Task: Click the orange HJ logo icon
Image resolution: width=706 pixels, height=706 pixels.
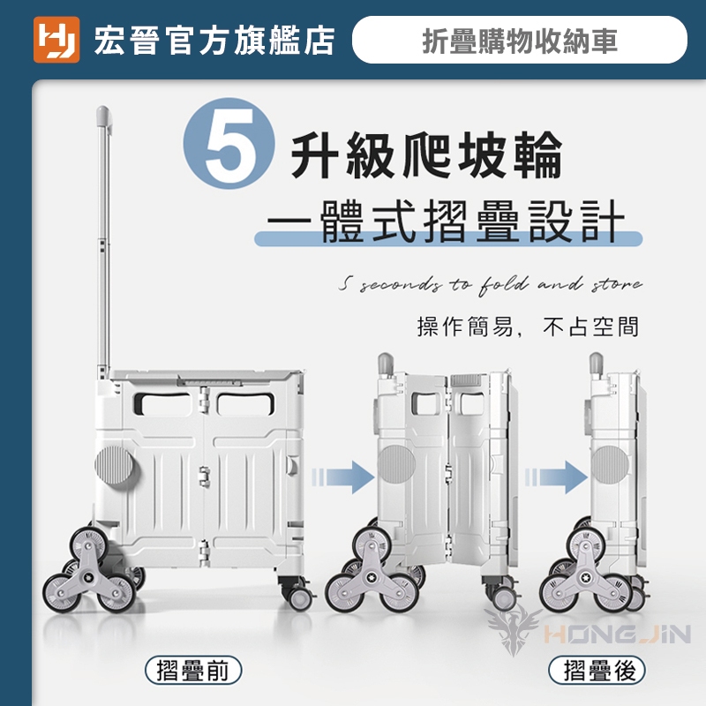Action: pos(56,40)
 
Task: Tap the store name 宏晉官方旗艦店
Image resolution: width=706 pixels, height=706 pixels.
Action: pos(214,41)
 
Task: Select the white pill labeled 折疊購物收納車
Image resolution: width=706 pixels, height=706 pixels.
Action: pos(520,40)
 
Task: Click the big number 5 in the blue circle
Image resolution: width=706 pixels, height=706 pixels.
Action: pos(229,143)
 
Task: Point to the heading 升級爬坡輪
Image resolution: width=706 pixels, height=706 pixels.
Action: pos(426,155)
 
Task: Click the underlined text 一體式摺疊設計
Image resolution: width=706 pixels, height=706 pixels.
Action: pos(446,222)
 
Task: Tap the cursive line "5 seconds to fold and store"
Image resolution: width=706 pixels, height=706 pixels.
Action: pos(491,285)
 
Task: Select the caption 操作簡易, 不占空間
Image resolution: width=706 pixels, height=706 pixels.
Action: pos(528,327)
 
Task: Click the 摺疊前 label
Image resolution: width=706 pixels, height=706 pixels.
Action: pos(193,670)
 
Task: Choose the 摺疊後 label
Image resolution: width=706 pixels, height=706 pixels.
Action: pos(597,670)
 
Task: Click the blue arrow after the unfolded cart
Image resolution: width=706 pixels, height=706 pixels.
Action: pos(343,477)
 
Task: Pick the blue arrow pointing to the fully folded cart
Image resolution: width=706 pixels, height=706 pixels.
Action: pos(556,477)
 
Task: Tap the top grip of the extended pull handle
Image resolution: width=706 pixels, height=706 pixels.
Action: pos(103,116)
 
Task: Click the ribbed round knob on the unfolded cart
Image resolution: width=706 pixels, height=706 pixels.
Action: pos(114,466)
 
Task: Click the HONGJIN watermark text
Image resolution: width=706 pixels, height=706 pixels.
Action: pos(617,634)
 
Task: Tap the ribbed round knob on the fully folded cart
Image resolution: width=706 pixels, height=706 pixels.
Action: pos(610,465)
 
